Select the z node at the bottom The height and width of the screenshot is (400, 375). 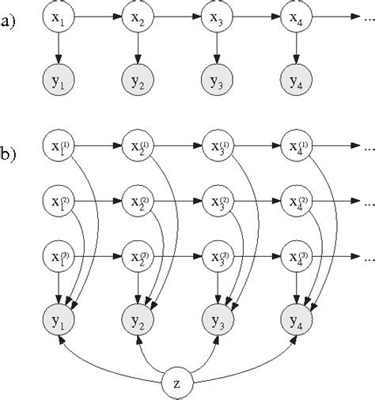(x=178, y=384)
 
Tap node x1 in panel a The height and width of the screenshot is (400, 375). (x=58, y=16)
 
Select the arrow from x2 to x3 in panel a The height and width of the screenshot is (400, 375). (x=176, y=16)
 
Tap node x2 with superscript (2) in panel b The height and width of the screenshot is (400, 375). (x=137, y=202)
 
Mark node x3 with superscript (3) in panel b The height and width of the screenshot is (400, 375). (x=216, y=258)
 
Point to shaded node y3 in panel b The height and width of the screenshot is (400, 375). (x=216, y=321)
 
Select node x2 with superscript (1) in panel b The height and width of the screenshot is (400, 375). (x=137, y=146)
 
